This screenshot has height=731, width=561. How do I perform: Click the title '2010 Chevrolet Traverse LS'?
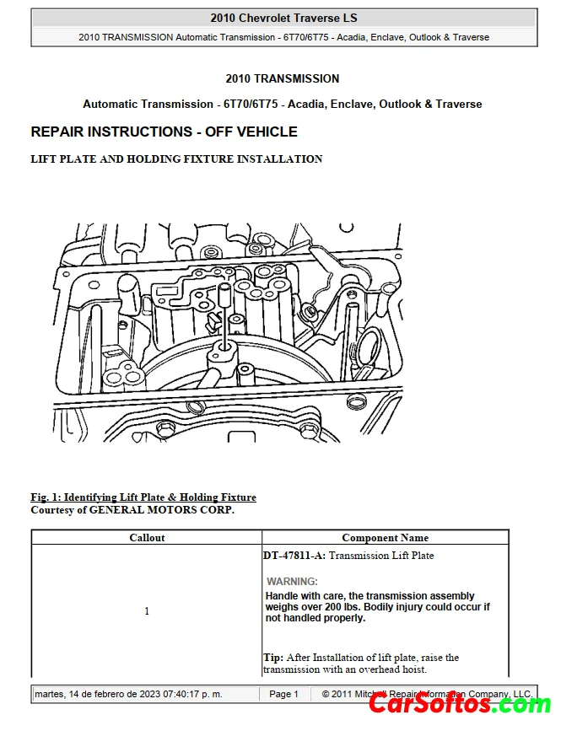[283, 18]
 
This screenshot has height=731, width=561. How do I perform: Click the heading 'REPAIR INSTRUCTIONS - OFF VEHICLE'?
[164, 132]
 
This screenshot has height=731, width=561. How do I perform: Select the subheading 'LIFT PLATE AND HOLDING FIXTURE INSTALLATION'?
[176, 159]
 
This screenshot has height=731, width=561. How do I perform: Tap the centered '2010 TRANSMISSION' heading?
[283, 78]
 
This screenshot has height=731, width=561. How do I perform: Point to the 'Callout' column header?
[147, 537]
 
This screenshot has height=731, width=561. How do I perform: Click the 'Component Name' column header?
[385, 537]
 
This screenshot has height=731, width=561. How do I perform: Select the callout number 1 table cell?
[147, 610]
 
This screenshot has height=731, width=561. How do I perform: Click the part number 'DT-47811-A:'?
[294, 556]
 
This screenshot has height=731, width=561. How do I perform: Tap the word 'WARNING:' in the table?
[292, 581]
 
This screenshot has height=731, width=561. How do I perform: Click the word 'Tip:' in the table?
[272, 658]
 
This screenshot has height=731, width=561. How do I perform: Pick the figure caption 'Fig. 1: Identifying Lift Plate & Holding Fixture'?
[143, 497]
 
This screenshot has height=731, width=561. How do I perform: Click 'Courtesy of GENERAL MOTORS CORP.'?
[132, 510]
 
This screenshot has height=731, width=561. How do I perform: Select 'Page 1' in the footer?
[283, 694]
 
